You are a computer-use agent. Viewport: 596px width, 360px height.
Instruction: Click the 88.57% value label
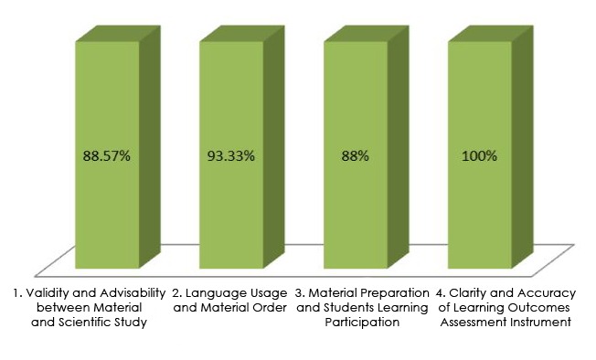click(107, 156)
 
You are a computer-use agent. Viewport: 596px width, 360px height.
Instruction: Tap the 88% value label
click(355, 156)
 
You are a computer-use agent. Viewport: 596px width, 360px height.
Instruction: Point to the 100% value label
click(479, 156)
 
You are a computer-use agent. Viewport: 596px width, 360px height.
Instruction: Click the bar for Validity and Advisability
click(107, 210)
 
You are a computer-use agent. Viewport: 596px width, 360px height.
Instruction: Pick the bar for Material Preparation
click(355, 210)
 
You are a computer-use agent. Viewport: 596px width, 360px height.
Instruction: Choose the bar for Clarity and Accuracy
click(479, 210)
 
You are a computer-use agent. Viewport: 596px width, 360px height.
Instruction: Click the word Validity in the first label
click(46, 293)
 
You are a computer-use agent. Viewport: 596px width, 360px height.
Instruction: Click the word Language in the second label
click(216, 293)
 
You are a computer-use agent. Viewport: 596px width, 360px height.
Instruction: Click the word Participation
click(363, 323)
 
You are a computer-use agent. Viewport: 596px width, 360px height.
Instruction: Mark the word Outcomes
click(541, 308)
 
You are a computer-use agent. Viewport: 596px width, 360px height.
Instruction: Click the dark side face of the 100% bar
click(521, 146)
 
